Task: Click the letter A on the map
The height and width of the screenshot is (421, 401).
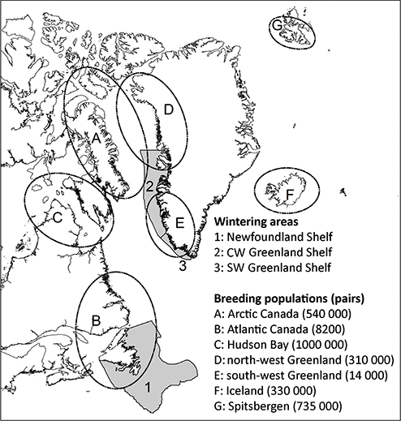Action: click(x=95, y=140)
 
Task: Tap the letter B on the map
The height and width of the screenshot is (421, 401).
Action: click(x=95, y=321)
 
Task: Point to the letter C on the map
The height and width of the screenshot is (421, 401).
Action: click(x=58, y=217)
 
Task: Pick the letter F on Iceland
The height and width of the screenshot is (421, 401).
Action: click(x=288, y=195)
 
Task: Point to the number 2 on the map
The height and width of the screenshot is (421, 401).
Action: click(x=149, y=189)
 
